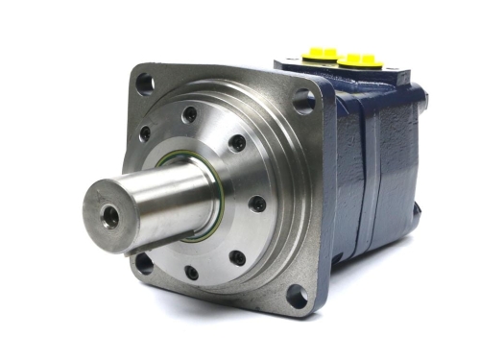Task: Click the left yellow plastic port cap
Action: [321, 55]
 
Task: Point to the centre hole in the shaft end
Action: [111, 218]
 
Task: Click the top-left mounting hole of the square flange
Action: [144, 84]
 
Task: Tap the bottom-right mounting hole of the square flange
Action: [299, 299]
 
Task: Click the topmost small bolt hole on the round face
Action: [190, 114]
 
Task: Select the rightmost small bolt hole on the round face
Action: [257, 204]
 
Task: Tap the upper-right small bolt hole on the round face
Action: [236, 143]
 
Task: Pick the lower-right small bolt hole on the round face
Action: [237, 257]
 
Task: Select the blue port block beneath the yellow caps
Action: [355, 82]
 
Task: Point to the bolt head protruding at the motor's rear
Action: [422, 97]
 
